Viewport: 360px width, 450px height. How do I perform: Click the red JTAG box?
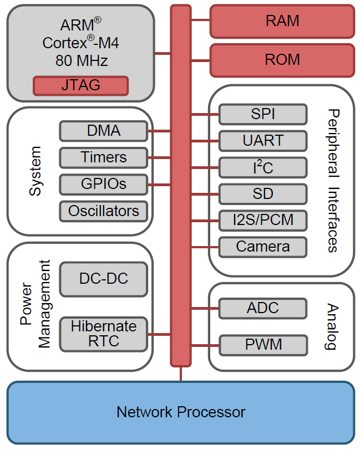pyautogui.click(x=80, y=85)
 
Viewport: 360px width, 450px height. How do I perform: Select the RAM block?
pyautogui.click(x=282, y=21)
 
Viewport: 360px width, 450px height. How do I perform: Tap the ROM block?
pyautogui.click(x=282, y=60)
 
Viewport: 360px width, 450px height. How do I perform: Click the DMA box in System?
pyautogui.click(x=103, y=131)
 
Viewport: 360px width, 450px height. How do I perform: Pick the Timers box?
pyautogui.click(x=103, y=157)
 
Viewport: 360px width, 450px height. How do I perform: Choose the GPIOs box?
pyautogui.click(x=103, y=183)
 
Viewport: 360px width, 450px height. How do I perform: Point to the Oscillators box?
pyautogui.click(x=103, y=211)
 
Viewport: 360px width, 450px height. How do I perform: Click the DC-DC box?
pyautogui.click(x=103, y=279)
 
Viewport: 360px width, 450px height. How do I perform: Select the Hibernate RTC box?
pyautogui.click(x=103, y=333)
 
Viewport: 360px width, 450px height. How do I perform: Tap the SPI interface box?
pyautogui.click(x=262, y=115)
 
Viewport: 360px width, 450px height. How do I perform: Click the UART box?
pyautogui.click(x=262, y=141)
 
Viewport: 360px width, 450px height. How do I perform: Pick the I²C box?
pyautogui.click(x=262, y=167)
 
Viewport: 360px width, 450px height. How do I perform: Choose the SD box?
pyautogui.click(x=262, y=194)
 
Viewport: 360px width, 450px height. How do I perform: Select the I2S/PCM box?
pyautogui.click(x=262, y=220)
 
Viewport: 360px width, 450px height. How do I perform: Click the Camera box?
pyautogui.click(x=262, y=247)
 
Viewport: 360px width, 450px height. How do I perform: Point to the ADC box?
pyautogui.click(x=262, y=308)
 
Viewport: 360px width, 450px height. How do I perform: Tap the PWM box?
pyautogui.click(x=262, y=345)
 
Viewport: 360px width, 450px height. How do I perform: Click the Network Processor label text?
pyautogui.click(x=180, y=412)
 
